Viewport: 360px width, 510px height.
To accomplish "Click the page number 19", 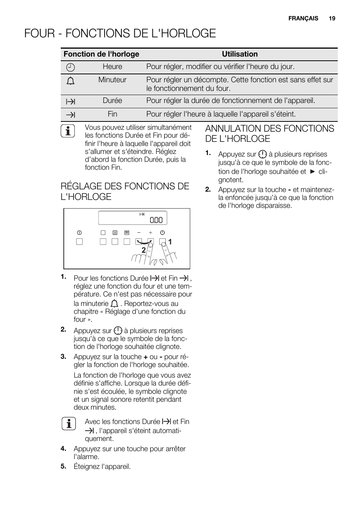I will pos(332,18).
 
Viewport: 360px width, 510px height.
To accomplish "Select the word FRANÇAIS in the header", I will pos(303,18).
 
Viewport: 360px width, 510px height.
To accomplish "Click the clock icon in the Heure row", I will pos(71,68).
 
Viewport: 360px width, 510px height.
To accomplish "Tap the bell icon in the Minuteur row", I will pos(71,81).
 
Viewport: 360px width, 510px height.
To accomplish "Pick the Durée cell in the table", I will pos(112,101).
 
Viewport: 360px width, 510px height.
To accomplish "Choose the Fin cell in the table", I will pos(112,114).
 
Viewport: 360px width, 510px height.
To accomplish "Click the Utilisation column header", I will pos(240,54).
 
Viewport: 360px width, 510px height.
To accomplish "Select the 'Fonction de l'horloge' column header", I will pos(101,54).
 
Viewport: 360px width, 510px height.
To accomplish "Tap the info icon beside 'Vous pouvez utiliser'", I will pos(68,131).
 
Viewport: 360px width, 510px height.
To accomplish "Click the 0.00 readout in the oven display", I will pos(156,220).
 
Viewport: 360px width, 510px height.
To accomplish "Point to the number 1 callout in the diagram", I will pos(170,242).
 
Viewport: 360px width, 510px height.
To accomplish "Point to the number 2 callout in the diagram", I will pos(143,250).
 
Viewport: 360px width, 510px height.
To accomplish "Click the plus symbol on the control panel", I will pos(151,233).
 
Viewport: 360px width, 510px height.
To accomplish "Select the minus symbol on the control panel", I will pos(139,233).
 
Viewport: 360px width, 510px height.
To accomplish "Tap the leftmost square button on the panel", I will pos(79,242).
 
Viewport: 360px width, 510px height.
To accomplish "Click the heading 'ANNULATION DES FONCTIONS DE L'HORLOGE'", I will pos(269,134).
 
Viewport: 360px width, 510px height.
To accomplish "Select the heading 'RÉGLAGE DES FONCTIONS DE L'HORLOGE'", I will pos(125,191).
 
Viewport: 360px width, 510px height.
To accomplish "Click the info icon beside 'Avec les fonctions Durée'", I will pos(68,424).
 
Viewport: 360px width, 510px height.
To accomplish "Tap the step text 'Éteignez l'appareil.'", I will pos(102,467).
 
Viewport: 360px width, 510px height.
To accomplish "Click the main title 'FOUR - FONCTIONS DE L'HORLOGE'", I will pos(120,34).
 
